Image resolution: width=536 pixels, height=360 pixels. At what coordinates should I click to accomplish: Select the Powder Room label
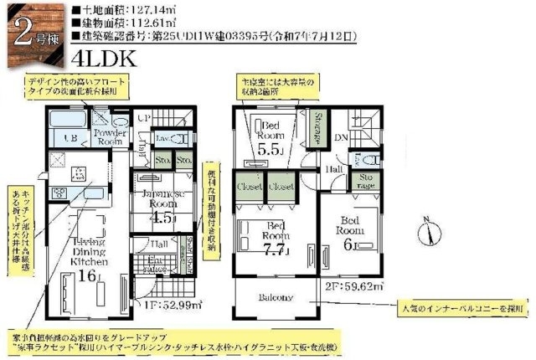tap(110, 136)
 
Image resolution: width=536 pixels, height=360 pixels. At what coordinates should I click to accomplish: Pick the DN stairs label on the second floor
tap(343, 138)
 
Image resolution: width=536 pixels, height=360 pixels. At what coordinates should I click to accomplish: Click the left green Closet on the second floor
tap(250, 187)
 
